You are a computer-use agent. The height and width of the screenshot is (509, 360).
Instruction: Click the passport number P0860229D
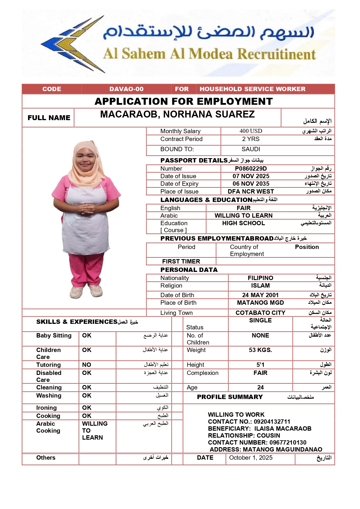pyautogui.click(x=251, y=169)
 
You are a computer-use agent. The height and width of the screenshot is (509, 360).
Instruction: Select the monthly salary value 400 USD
pyautogui.click(x=251, y=131)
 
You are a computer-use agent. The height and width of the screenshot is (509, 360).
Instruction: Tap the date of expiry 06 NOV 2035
pyautogui.click(x=251, y=184)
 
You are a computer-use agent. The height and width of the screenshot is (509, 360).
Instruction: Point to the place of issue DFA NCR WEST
pyautogui.click(x=251, y=192)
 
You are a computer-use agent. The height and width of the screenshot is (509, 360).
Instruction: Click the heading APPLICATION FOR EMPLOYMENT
pyautogui.click(x=184, y=101)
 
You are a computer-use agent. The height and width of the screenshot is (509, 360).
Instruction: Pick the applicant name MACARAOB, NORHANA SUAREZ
pyautogui.click(x=177, y=114)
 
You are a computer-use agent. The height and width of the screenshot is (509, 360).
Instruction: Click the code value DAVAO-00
pyautogui.click(x=126, y=89)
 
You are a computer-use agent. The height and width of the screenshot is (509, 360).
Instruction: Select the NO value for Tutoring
pyautogui.click(x=86, y=365)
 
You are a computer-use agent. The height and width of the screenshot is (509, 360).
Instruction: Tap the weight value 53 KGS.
pyautogui.click(x=260, y=350)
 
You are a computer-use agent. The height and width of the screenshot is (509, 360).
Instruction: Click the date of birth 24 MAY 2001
pyautogui.click(x=260, y=295)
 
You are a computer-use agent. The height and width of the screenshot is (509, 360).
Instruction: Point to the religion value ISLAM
pyautogui.click(x=260, y=286)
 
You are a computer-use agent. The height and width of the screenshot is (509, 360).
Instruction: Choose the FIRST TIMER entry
pyautogui.click(x=181, y=261)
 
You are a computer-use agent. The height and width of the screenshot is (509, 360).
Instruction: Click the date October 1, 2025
pyautogui.click(x=251, y=458)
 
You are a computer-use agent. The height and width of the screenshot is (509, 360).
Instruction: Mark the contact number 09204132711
pyautogui.click(x=272, y=422)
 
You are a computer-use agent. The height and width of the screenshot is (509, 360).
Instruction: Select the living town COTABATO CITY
pyautogui.click(x=260, y=313)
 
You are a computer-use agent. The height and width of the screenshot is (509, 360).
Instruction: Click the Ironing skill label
pyautogui.click(x=46, y=408)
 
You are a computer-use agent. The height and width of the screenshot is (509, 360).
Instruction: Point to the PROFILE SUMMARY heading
pyautogui.click(x=230, y=397)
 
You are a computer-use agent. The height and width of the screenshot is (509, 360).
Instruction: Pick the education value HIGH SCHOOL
pyautogui.click(x=243, y=223)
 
